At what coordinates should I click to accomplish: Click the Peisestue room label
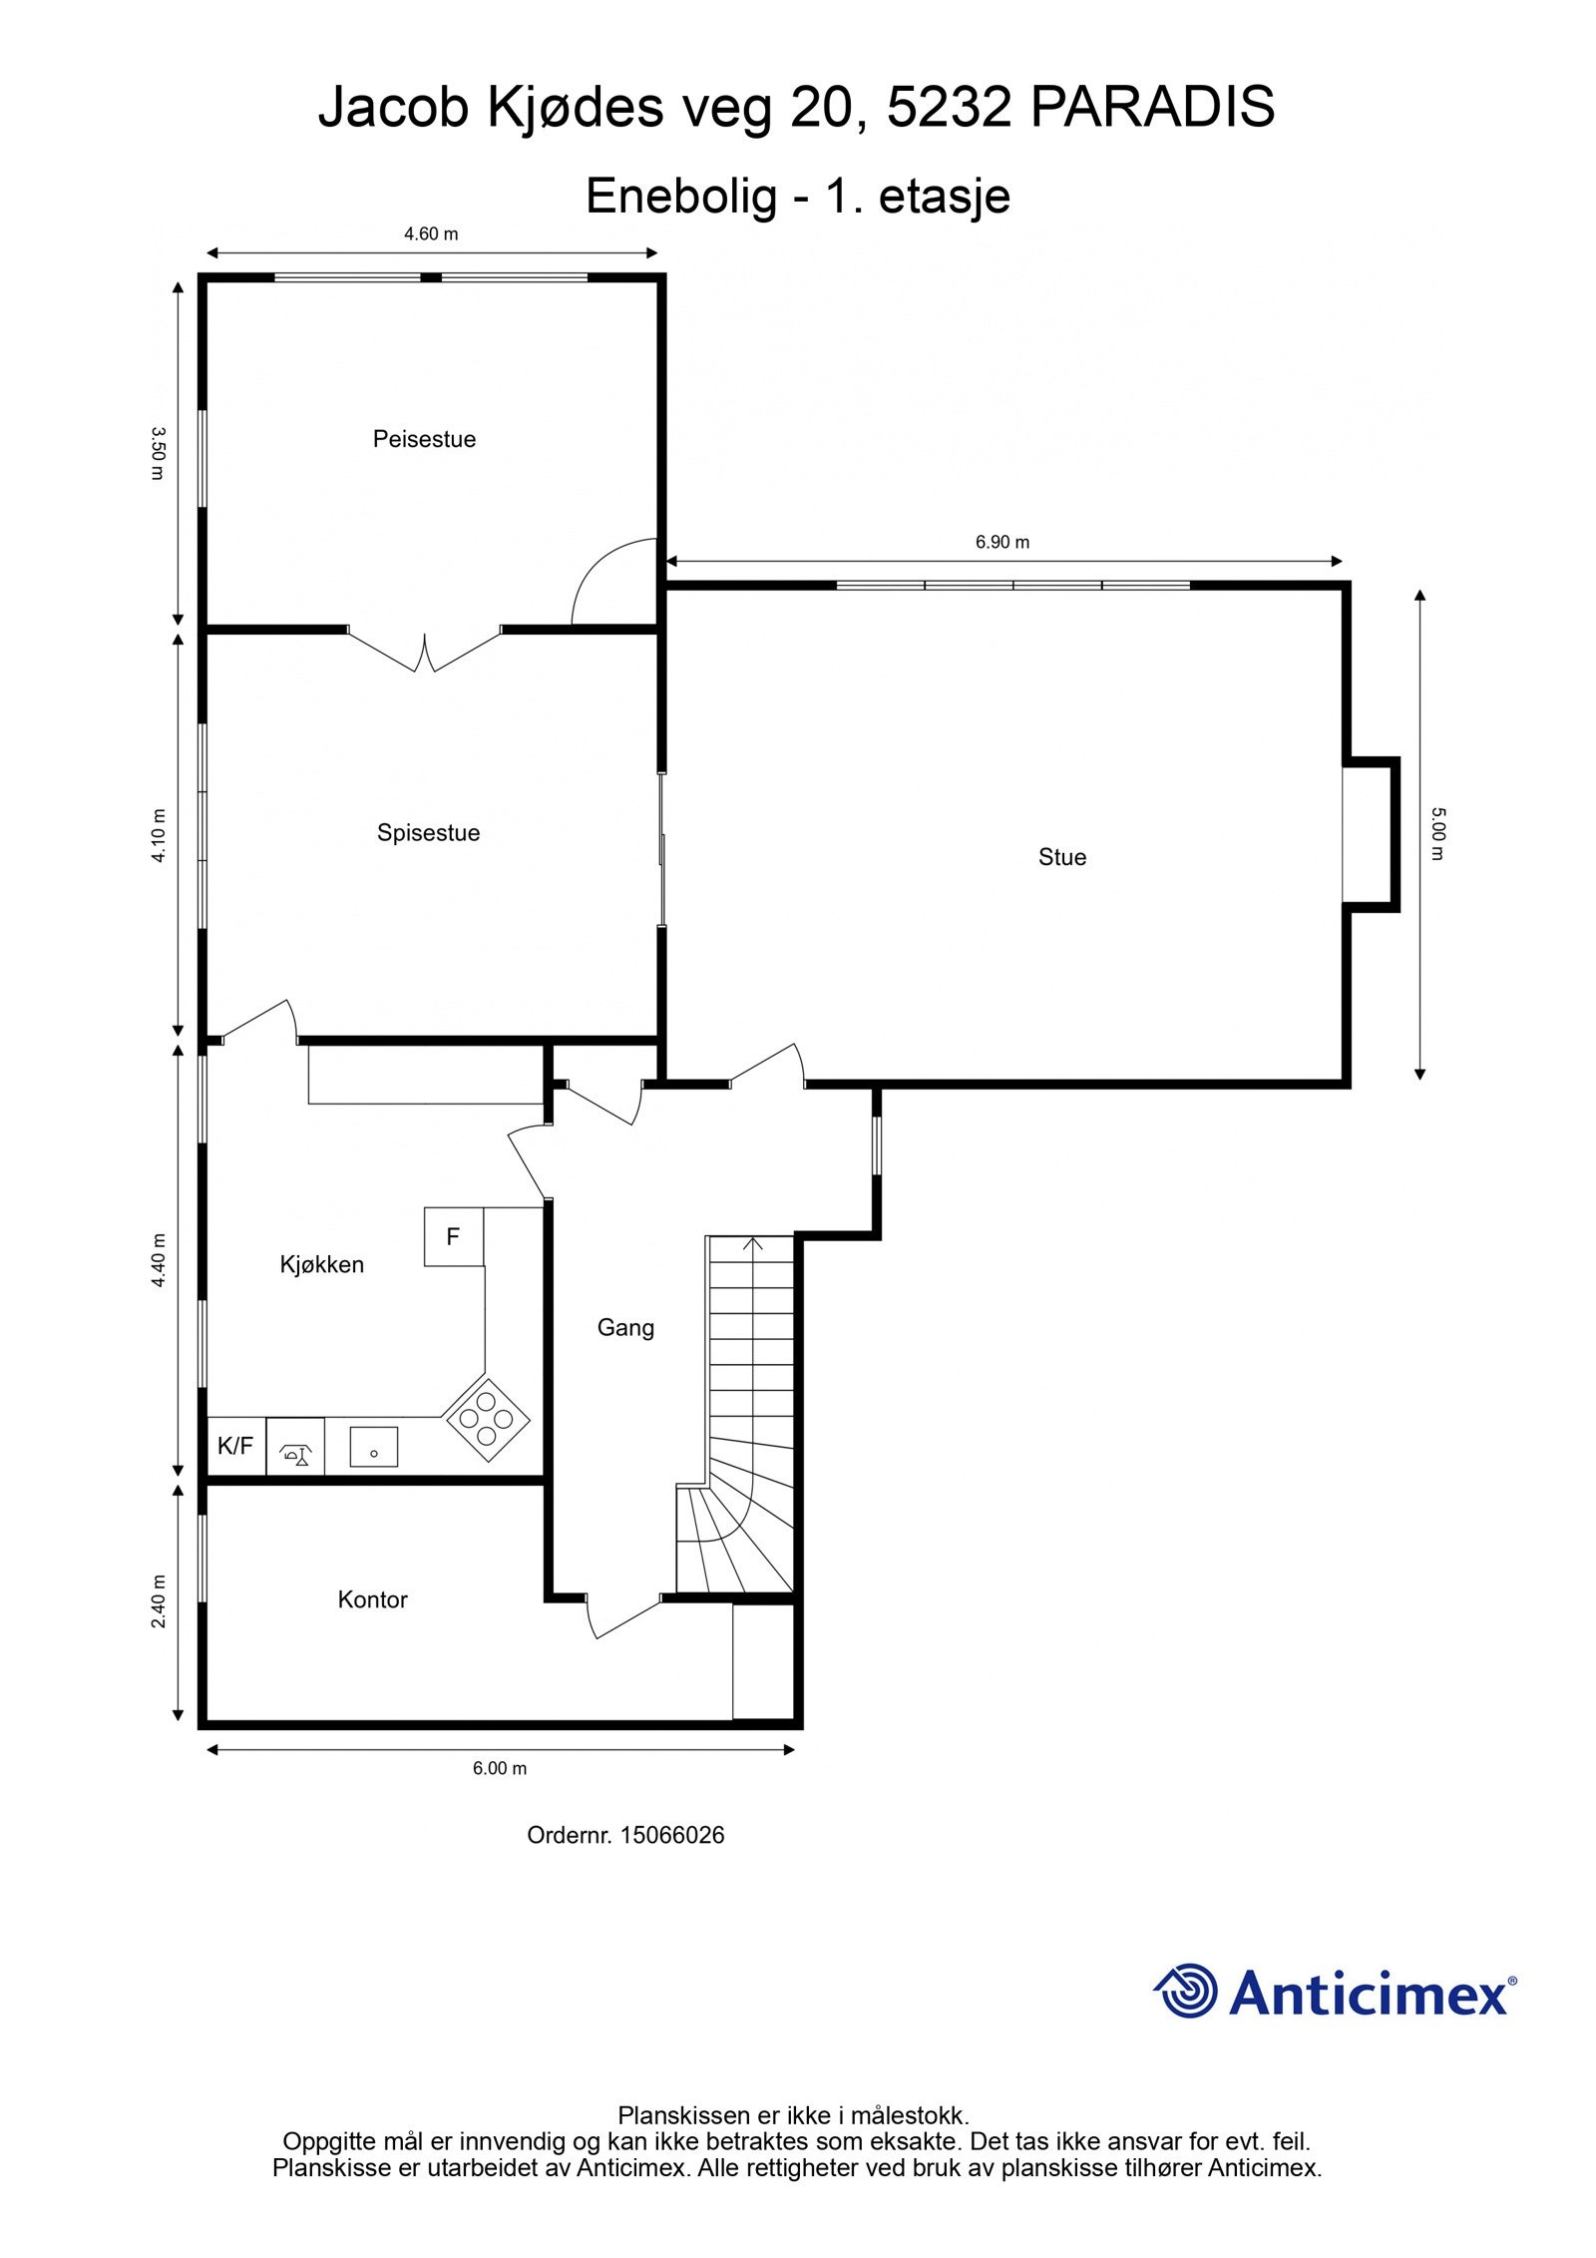pos(424,439)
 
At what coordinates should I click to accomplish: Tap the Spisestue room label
pos(428,832)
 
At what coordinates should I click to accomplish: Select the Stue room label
pos(1061,857)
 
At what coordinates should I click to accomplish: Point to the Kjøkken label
pos(321,1264)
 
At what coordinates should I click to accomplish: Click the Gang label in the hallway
pos(625,1327)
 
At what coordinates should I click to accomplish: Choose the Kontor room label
pos(372,1599)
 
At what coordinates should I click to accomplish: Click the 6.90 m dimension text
pos(1001,542)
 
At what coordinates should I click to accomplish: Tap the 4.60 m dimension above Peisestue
pos(431,234)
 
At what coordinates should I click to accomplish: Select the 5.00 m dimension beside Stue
pos(1436,833)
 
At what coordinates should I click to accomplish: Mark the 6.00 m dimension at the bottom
pos(499,1768)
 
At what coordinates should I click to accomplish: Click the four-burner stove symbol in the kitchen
pos(487,1419)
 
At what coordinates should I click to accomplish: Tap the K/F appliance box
pos(235,1446)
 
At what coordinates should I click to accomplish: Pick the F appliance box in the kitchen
pos(453,1237)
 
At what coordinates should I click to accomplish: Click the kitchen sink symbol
pos(373,1446)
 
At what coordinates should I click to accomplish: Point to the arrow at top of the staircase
pos(752,1243)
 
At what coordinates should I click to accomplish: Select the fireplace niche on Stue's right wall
pos(1369,833)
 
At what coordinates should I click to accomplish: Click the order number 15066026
pos(671,1834)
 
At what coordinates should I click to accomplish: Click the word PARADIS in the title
pos(1151,107)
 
